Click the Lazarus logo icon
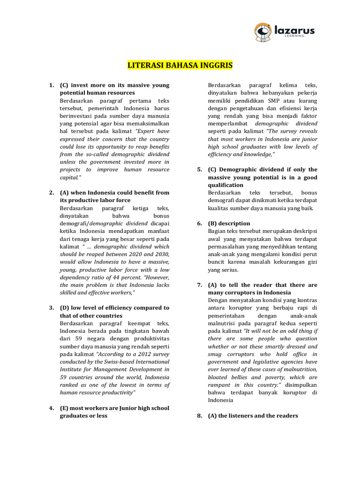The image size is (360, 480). coord(263,31)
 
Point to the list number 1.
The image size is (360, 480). coord(51,85)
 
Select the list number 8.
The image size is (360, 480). coord(200,416)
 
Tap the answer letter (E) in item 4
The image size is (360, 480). coord(65,408)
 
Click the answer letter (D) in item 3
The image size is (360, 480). coord(65,308)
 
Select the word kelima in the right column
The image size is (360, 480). coord(291,85)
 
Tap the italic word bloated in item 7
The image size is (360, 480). coord(218,377)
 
